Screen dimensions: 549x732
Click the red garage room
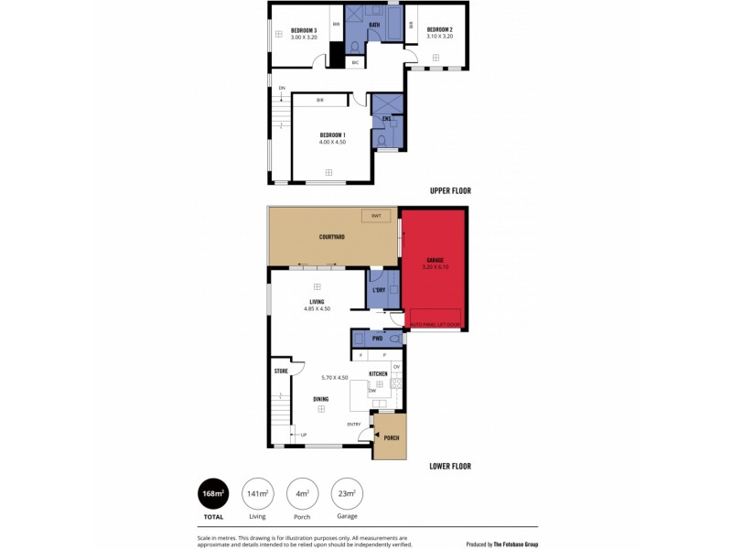tap(434, 274)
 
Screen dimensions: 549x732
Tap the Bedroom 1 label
tap(332, 135)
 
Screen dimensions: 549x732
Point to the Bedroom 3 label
tap(304, 30)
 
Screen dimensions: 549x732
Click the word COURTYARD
tap(331, 237)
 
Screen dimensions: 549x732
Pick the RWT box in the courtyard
tap(375, 216)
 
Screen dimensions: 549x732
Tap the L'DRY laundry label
tap(380, 291)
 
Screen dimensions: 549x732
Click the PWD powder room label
tap(376, 338)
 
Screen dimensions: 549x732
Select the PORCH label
tap(391, 438)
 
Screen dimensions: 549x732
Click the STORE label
tap(281, 371)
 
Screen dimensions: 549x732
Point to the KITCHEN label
tap(379, 374)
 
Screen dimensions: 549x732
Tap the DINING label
tap(321, 399)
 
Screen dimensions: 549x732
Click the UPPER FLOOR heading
tap(450, 191)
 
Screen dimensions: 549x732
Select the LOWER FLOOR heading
tap(450, 466)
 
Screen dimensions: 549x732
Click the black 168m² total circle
tap(213, 493)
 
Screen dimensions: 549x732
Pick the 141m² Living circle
tap(257, 493)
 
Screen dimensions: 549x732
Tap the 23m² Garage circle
tap(346, 493)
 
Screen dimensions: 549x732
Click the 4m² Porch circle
tap(302, 493)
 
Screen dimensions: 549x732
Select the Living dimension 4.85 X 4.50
tap(317, 309)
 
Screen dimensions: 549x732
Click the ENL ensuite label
tap(386, 119)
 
